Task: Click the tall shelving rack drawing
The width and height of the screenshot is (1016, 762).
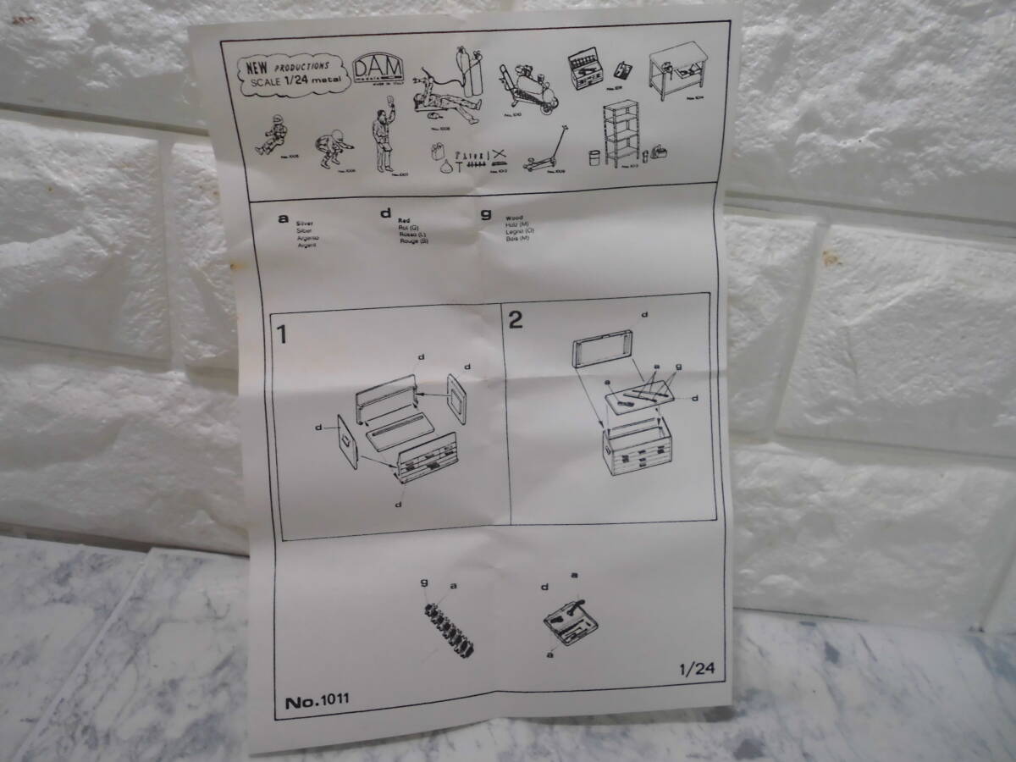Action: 621,133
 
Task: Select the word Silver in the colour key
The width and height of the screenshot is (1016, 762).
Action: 305,223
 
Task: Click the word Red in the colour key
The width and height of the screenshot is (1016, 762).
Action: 404,220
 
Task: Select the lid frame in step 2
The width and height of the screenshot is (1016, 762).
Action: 603,351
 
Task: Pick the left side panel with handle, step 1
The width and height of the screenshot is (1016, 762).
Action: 348,440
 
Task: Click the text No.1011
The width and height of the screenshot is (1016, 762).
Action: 317,700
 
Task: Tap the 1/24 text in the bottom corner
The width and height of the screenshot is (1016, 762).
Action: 696,668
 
